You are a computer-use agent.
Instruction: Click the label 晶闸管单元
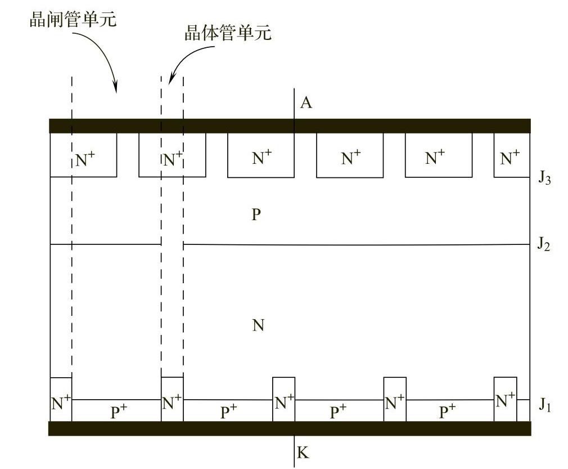click(x=73, y=20)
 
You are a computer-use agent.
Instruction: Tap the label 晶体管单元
click(x=228, y=33)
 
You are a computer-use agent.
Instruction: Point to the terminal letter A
click(x=306, y=103)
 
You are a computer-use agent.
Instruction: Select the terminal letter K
click(x=303, y=452)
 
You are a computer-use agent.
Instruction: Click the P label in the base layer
click(x=256, y=215)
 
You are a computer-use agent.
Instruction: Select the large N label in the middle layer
click(x=258, y=325)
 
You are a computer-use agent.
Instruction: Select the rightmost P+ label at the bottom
click(x=447, y=412)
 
